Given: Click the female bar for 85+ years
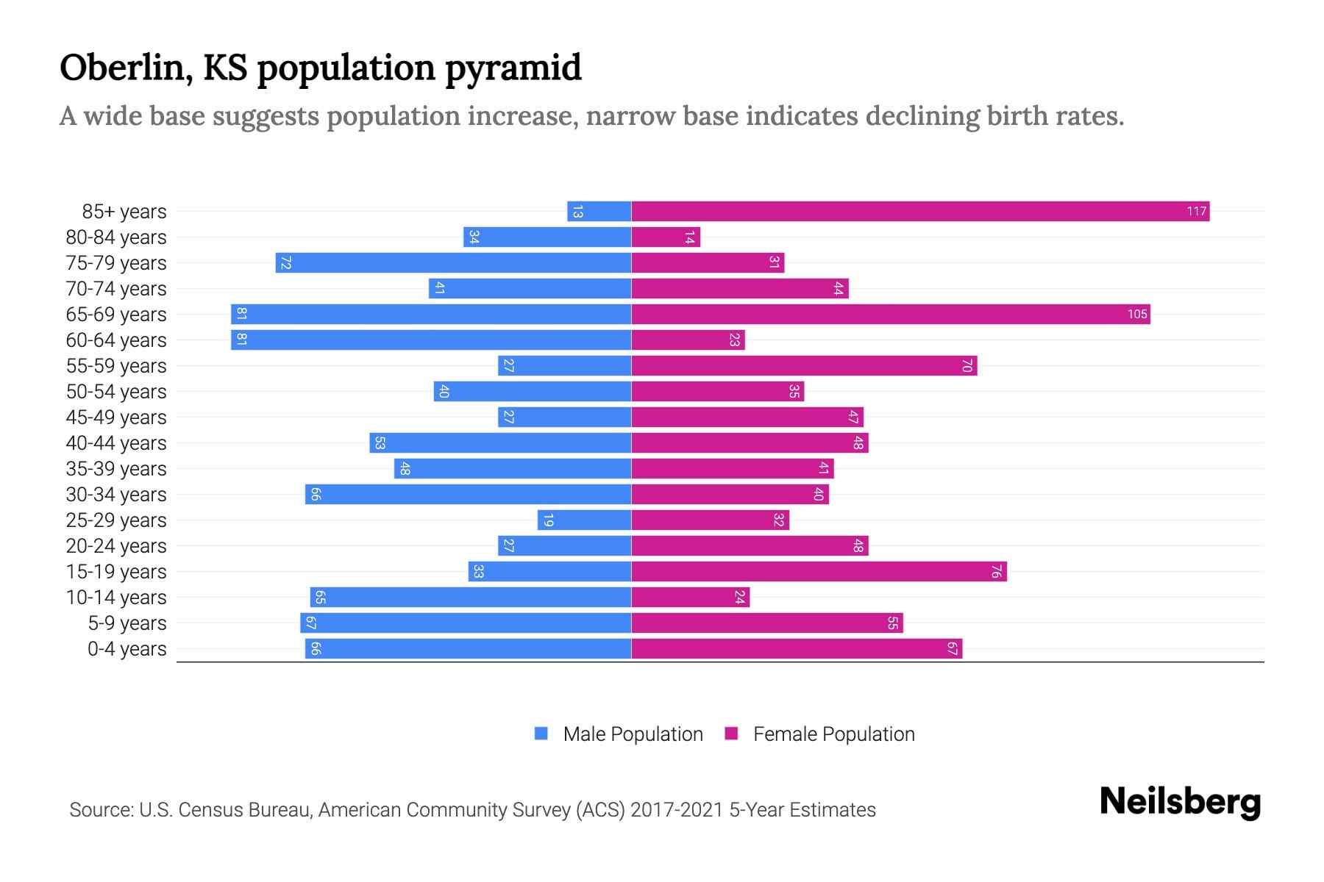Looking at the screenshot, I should click(919, 212).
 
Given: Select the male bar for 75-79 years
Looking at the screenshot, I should click(453, 263).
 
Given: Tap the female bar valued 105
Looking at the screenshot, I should click(890, 315).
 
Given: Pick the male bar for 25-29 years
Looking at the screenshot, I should click(584, 520).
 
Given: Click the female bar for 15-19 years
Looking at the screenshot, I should click(819, 572).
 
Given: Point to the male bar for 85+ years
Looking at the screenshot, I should click(599, 212).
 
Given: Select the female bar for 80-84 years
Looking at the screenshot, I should click(666, 237).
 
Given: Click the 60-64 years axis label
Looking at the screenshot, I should click(116, 340).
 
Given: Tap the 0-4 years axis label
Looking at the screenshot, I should click(127, 649).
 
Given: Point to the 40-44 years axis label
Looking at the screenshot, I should click(116, 443).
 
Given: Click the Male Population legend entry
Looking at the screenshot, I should click(619, 734).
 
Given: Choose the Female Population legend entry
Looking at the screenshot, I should click(820, 734).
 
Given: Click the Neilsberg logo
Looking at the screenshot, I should click(1180, 802).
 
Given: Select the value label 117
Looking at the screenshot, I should click(1196, 212).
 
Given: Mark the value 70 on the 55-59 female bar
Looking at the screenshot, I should click(967, 366).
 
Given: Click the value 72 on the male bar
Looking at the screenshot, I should click(286, 263).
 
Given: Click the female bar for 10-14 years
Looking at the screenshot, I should click(690, 598).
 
